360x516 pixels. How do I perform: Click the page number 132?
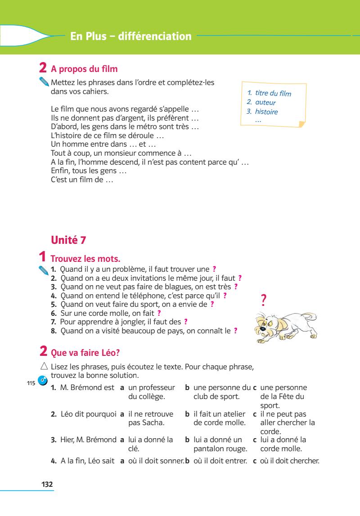coord(47,484)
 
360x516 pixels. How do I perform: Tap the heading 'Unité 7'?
coord(69,240)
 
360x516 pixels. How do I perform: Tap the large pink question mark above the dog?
coord(264,300)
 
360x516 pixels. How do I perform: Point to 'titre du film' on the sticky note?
coord(273,94)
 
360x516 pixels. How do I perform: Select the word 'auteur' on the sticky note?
coord(265,103)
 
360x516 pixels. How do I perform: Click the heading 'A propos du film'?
coord(84,69)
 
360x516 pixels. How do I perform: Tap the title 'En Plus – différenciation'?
coord(131,36)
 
